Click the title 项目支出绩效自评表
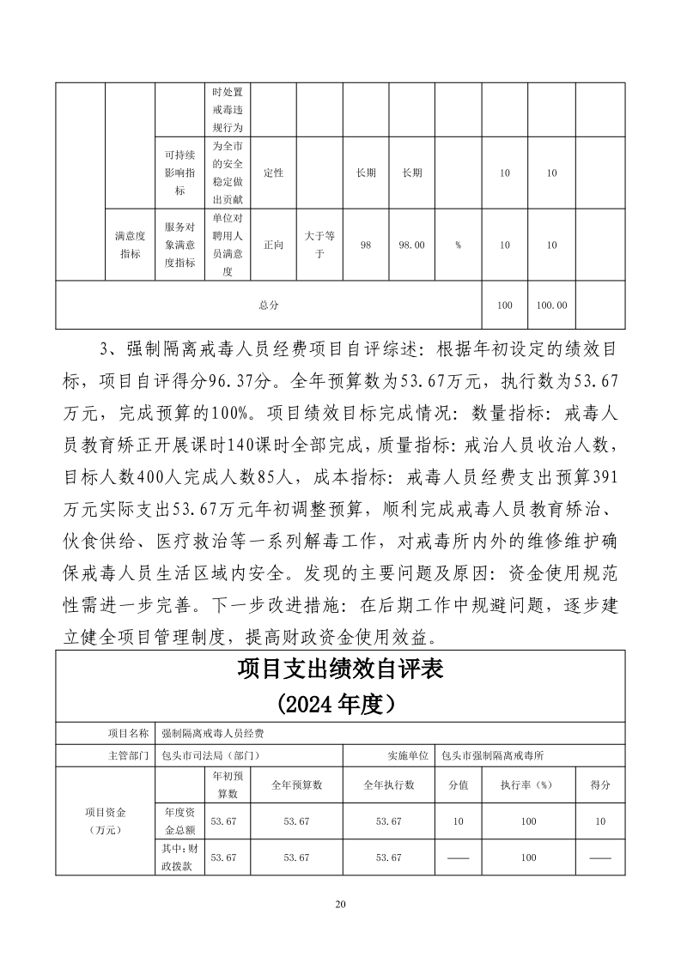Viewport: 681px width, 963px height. tap(340, 669)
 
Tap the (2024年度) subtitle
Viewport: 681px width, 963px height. tap(340, 704)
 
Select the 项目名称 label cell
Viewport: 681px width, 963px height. tap(128, 734)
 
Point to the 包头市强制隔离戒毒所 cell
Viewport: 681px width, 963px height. tap(493, 756)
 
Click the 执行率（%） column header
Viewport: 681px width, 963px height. tap(528, 784)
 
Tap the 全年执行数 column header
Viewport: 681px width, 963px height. tap(388, 784)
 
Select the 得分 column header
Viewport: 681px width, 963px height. tap(600, 784)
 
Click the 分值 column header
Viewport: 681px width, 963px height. tap(459, 784)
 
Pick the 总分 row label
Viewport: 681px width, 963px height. tap(269, 305)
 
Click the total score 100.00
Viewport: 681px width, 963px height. tap(551, 305)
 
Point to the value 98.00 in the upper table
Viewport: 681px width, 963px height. tap(412, 245)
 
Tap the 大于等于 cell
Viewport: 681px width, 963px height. tap(319, 245)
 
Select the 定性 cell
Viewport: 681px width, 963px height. tap(273, 173)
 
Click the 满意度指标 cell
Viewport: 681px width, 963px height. tap(130, 245)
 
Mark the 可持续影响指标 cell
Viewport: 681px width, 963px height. tap(179, 173)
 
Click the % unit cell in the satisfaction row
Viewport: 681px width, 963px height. tap(459, 245)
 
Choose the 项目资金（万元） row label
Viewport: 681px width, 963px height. tap(105, 821)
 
